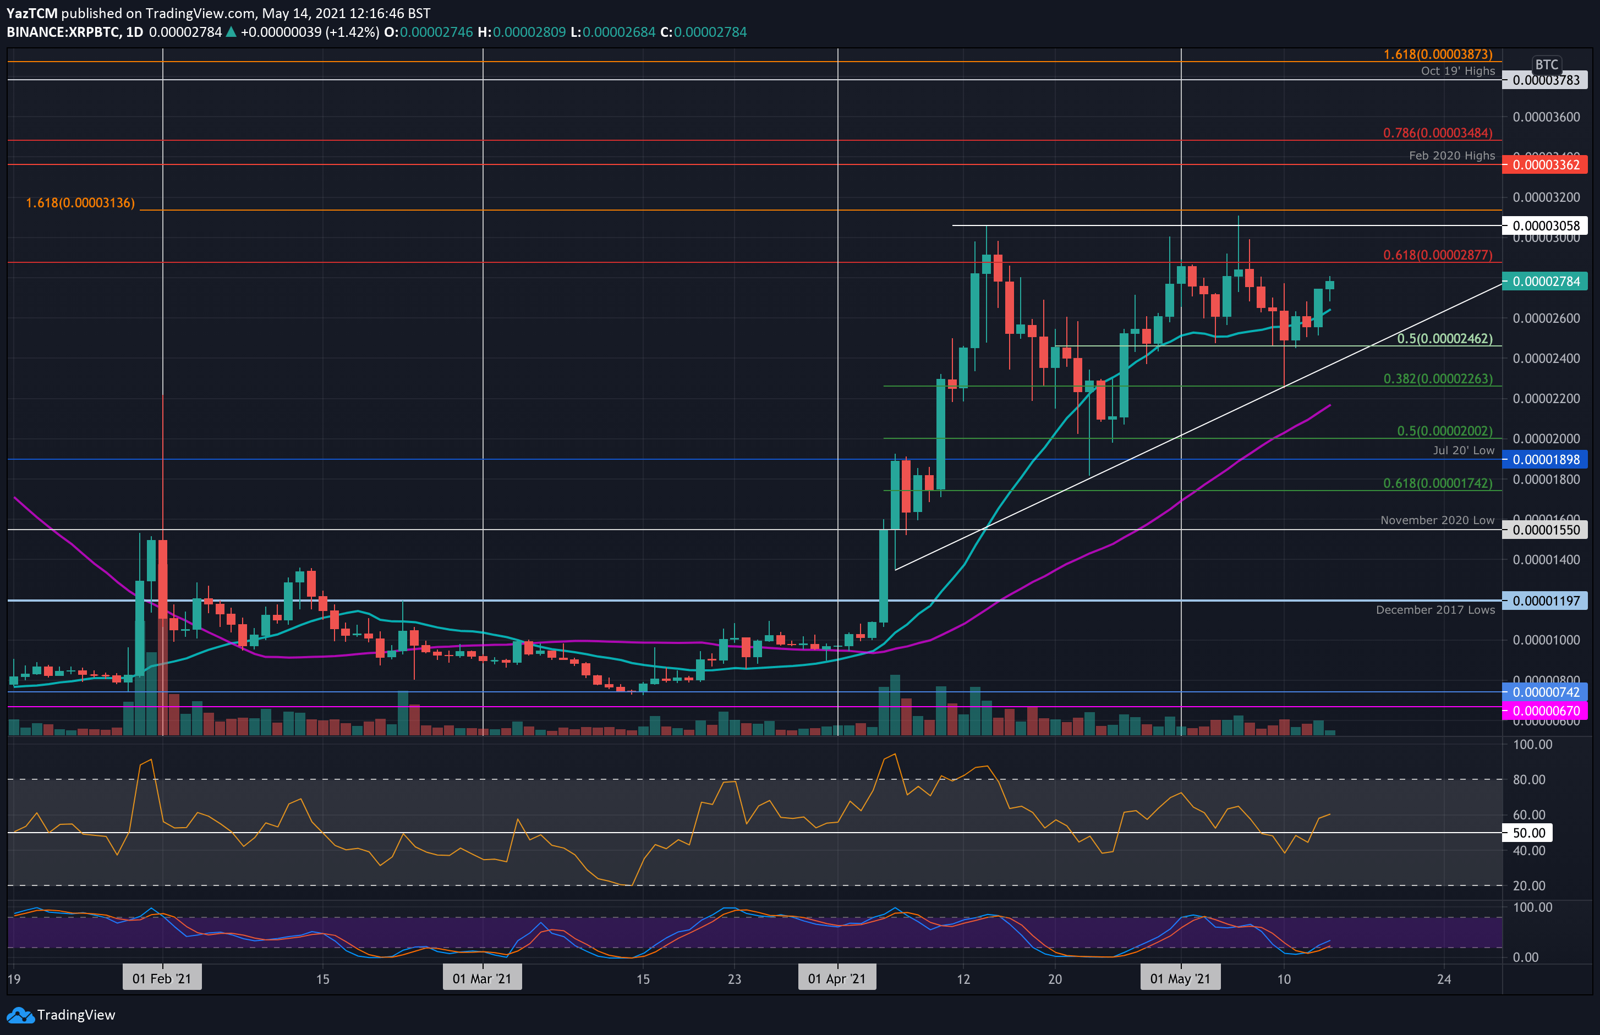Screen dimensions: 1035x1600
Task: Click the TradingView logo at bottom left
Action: click(x=61, y=1015)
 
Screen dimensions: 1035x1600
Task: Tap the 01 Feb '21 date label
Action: click(x=162, y=978)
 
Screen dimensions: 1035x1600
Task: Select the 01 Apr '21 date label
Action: click(x=837, y=978)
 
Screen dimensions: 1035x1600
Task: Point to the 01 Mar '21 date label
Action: click(x=482, y=978)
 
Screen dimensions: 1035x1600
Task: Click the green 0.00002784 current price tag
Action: click(x=1546, y=282)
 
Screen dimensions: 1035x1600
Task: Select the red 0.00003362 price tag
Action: click(x=1546, y=164)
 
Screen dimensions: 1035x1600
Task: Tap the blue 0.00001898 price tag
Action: click(x=1546, y=460)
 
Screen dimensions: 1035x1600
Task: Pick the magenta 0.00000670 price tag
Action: click(x=1546, y=711)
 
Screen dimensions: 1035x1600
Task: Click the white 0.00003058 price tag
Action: click(x=1546, y=226)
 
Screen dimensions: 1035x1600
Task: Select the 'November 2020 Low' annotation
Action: click(x=1437, y=520)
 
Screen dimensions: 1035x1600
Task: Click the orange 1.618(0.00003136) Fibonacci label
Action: click(x=80, y=203)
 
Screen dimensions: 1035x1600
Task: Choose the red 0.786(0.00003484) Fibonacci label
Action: click(x=1437, y=133)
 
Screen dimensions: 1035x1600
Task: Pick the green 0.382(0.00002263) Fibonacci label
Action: click(x=1437, y=379)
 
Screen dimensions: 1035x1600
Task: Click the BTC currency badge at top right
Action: click(x=1546, y=64)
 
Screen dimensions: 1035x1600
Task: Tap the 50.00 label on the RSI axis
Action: click(x=1528, y=833)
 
